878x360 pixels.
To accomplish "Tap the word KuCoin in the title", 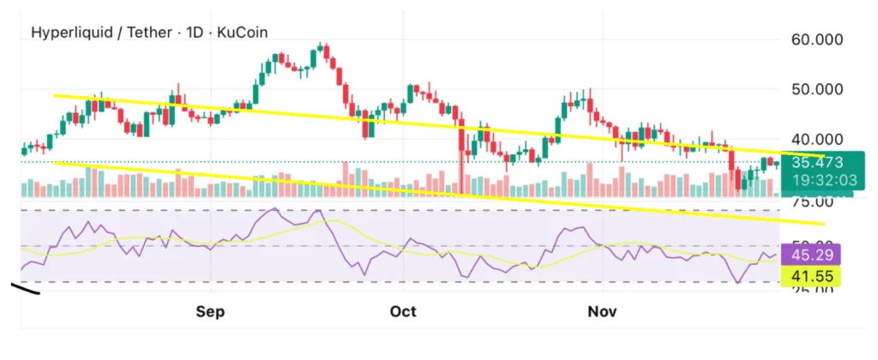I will pyautogui.click(x=243, y=33).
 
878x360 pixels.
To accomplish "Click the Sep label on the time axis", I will pyautogui.click(x=210, y=311).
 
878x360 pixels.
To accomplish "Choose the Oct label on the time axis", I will pyautogui.click(x=403, y=311).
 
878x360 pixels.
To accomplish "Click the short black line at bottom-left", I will pyautogui.click(x=26, y=289).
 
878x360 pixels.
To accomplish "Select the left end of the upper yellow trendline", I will pyautogui.click(x=56, y=95).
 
